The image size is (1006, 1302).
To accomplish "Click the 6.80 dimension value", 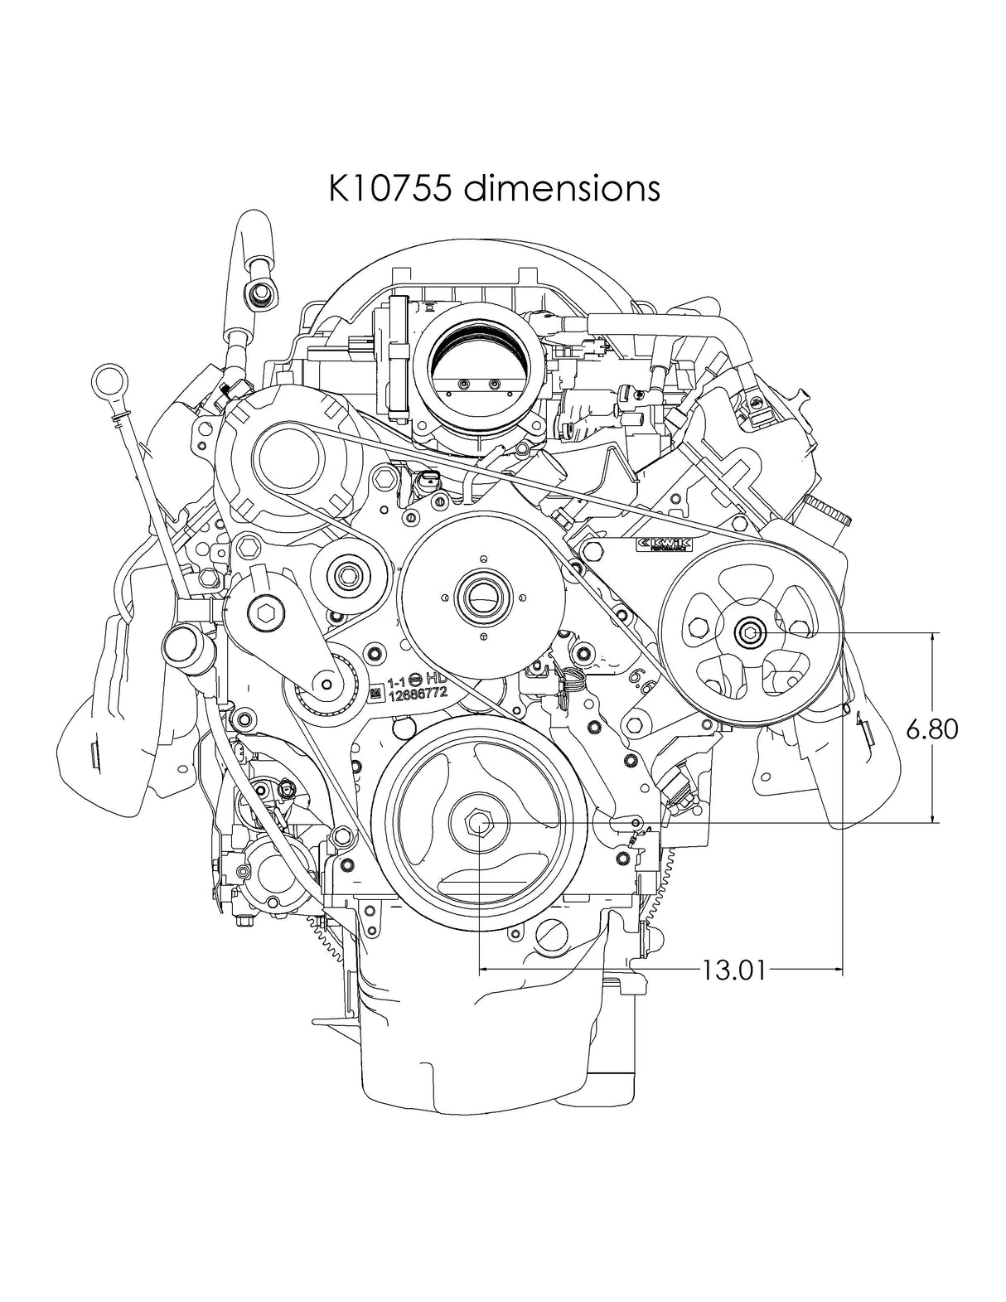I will tap(932, 728).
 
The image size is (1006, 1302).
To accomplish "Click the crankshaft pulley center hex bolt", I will tap(480, 823).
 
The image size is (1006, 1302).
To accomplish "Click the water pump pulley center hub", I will tap(482, 594).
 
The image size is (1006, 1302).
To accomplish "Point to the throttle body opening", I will tap(478, 365).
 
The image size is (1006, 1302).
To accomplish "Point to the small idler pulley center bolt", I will tap(345, 574).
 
